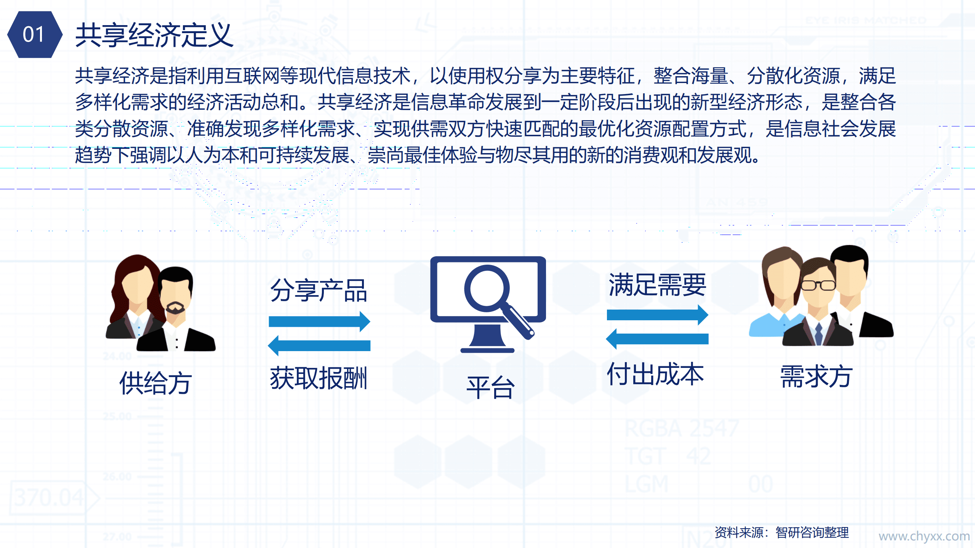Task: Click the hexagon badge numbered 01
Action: click(34, 35)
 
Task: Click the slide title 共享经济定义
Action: click(154, 35)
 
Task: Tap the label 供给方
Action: click(155, 383)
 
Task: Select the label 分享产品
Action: click(319, 291)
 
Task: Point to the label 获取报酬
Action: click(319, 378)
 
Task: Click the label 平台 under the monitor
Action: click(490, 387)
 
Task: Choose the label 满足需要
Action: click(657, 285)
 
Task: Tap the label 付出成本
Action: click(655, 374)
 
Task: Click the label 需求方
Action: click(816, 376)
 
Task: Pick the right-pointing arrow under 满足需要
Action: click(657, 315)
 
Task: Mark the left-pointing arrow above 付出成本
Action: click(657, 339)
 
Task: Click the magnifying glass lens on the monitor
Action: click(487, 286)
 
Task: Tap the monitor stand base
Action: click(487, 349)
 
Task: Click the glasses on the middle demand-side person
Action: click(818, 285)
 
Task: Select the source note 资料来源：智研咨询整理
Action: click(781, 532)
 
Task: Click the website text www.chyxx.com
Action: click(924, 536)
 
